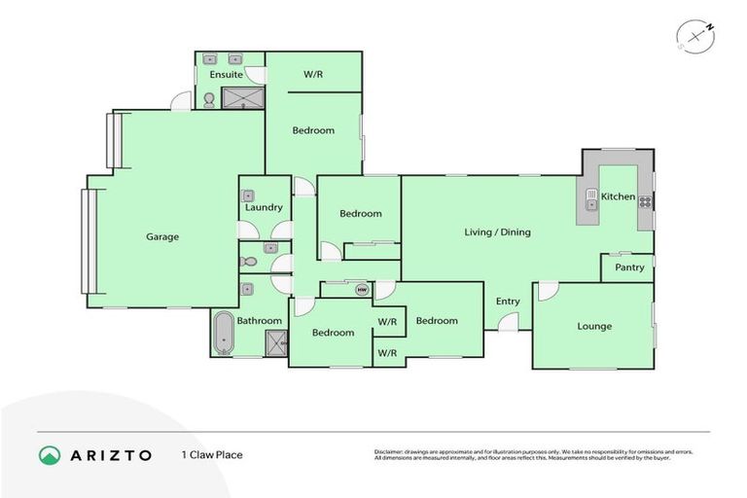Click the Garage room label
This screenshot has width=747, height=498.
click(x=162, y=236)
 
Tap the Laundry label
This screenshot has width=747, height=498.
click(x=264, y=207)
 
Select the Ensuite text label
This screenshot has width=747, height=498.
click(x=226, y=74)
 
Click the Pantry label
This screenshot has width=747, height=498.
click(x=629, y=267)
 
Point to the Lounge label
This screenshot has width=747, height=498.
click(x=594, y=326)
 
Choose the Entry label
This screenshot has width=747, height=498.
click(x=508, y=302)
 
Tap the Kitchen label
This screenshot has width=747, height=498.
click(x=618, y=196)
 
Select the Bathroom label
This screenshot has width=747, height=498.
click(x=259, y=321)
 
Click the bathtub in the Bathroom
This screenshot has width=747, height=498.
click(x=224, y=334)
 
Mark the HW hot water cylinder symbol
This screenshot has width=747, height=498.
click(x=361, y=289)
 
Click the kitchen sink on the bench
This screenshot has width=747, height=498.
click(x=590, y=201)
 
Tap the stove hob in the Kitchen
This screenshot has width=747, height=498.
click(x=644, y=201)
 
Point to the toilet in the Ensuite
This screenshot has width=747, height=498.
click(x=208, y=98)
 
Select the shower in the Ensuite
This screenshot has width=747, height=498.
click(x=243, y=97)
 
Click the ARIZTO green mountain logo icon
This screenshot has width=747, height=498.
click(x=49, y=454)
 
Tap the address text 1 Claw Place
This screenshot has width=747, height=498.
click(x=211, y=454)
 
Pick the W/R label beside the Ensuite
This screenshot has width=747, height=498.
click(x=313, y=74)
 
